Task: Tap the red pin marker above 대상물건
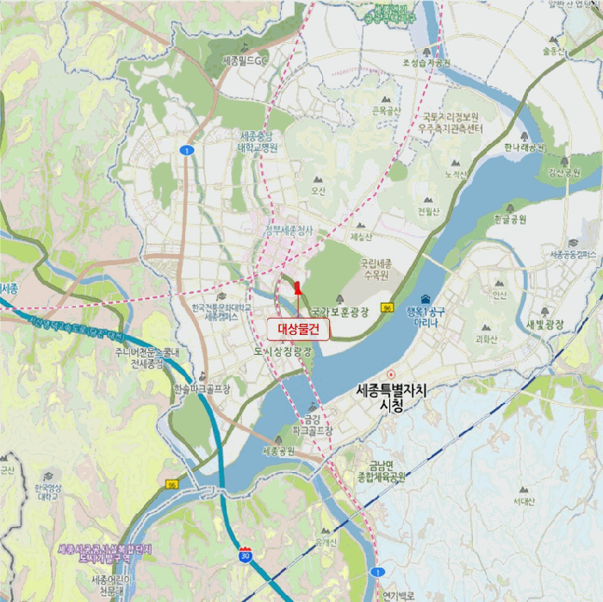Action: click(x=297, y=288)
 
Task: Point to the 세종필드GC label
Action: click(x=246, y=61)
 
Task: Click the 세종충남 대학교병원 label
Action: click(x=257, y=141)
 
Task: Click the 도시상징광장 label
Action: click(x=283, y=351)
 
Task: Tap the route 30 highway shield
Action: click(x=246, y=555)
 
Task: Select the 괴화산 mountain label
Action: click(x=485, y=338)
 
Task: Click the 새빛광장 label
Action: click(x=544, y=324)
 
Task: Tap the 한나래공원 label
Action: click(x=525, y=146)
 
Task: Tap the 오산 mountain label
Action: click(x=320, y=190)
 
